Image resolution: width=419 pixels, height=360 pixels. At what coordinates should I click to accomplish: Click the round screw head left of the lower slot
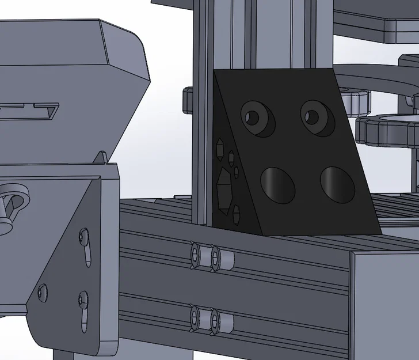42,291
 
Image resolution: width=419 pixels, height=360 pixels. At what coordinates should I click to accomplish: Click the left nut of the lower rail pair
197,318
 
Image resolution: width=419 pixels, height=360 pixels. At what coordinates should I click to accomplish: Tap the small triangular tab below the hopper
101,157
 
